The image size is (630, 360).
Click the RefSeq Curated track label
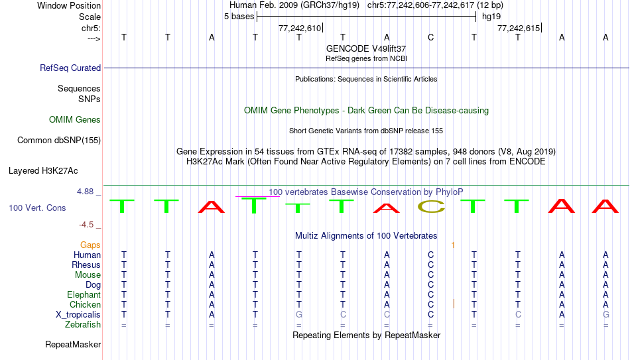(x=70, y=68)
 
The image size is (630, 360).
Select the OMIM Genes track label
(x=74, y=120)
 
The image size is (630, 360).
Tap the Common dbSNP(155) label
(x=58, y=141)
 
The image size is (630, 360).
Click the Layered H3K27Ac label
(x=43, y=171)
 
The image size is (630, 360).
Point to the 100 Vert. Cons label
(x=37, y=208)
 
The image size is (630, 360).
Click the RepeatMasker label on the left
(x=73, y=344)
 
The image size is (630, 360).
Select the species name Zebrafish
(x=83, y=325)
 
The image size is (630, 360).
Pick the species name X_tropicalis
(x=78, y=315)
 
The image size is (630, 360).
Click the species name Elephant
(x=84, y=295)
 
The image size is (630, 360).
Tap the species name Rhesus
(x=86, y=265)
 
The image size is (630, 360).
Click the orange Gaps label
(x=90, y=245)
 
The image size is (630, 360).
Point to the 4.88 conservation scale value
(x=85, y=192)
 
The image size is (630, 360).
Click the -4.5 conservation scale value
(x=86, y=225)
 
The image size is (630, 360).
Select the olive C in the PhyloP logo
(x=431, y=206)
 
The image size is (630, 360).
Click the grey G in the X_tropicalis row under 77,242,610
(x=299, y=315)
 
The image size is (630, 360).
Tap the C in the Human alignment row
(x=430, y=255)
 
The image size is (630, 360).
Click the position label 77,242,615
(x=519, y=28)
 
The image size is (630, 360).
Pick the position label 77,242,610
(x=300, y=28)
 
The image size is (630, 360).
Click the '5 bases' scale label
(x=239, y=17)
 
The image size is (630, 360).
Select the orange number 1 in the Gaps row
(x=453, y=245)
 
